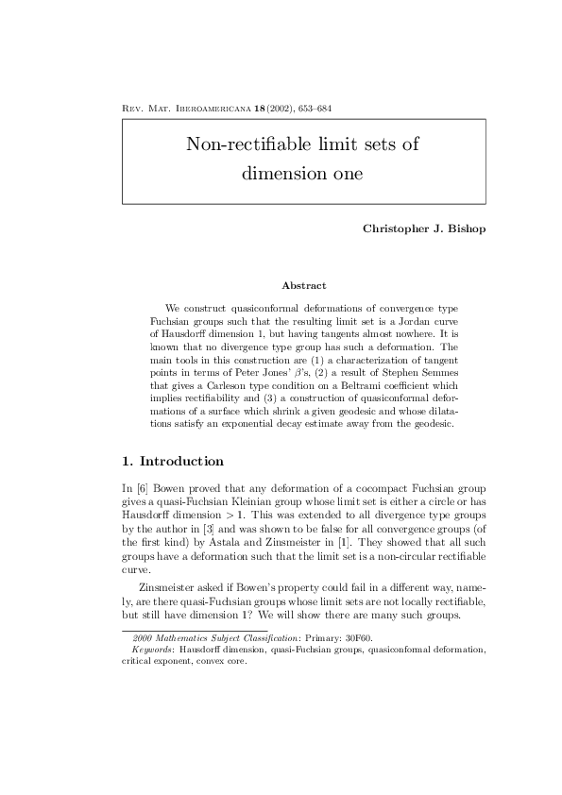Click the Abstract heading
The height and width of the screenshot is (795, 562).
pos(304,285)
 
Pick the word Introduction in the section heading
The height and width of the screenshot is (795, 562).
pos(181,462)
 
